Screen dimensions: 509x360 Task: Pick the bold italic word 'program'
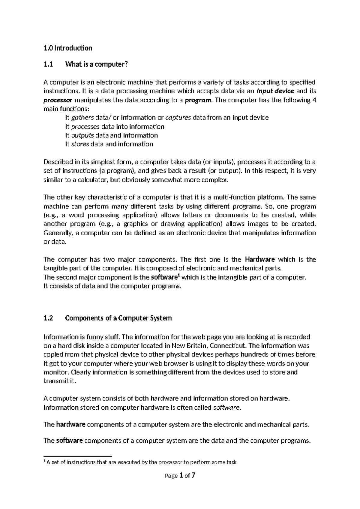[x=198, y=100]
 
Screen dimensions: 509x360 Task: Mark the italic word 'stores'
[x=80, y=144]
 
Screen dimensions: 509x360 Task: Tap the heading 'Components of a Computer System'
[x=118, y=318]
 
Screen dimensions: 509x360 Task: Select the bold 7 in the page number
[x=193, y=475]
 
